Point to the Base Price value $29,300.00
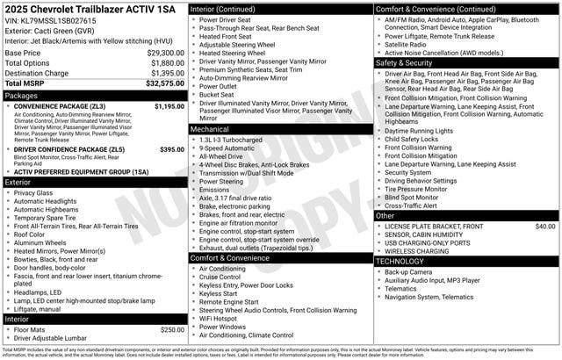pyautogui.click(x=165, y=53)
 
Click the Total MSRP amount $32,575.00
pyautogui.click(x=165, y=83)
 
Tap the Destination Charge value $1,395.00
pyautogui.click(x=165, y=73)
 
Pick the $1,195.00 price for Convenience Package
pyautogui.click(x=169, y=106)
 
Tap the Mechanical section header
pyautogui.click(x=210, y=128)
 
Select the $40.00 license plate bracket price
pyautogui.click(x=545, y=227)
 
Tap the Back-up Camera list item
pyautogui.click(x=408, y=272)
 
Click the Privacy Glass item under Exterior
pyautogui.click(x=33, y=193)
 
